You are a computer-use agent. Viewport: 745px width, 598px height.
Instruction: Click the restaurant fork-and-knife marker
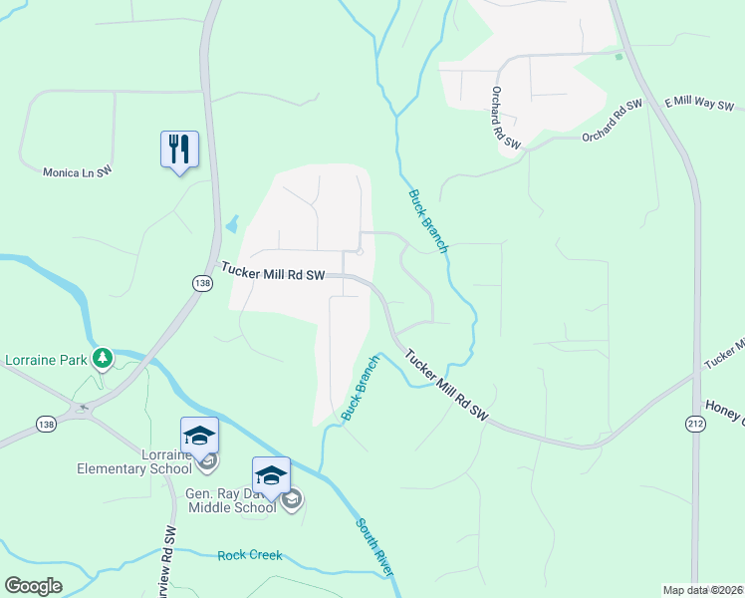179,149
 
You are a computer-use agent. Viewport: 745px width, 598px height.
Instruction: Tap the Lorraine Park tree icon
101,358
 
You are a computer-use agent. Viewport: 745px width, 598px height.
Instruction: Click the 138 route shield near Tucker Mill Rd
202,284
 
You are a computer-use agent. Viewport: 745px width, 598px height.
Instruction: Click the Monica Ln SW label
77,172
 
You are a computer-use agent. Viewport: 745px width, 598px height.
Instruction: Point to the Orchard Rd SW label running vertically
504,118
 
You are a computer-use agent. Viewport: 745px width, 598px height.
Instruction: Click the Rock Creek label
250,555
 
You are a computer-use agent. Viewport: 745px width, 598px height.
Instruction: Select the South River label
374,546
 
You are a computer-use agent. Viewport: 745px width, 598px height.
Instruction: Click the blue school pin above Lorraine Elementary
199,436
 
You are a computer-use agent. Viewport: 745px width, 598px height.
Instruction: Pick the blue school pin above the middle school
271,475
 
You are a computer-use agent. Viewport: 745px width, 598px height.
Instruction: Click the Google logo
34,586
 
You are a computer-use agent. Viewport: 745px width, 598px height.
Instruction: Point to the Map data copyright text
703,590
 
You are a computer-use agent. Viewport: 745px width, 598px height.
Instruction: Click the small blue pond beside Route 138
232,224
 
